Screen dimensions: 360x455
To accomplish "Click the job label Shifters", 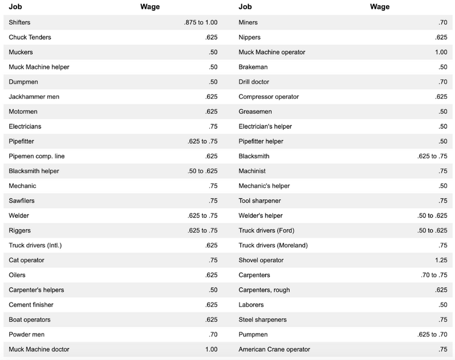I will [21, 22].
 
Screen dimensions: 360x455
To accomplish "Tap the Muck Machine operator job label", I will [272, 52].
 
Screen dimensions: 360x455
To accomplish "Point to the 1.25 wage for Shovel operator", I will [439, 260].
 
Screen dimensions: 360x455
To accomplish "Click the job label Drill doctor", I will [254, 82].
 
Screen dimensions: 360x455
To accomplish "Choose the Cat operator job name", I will [26, 260].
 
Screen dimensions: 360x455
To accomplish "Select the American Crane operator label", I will [275, 349].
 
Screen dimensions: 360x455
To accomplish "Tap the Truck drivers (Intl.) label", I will [36, 246].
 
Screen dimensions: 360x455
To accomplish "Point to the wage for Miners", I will [441, 22].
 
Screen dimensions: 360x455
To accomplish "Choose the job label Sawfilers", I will [22, 201].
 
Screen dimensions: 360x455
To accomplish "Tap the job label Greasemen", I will [256, 112].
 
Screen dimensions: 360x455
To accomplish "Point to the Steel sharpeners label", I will [263, 319].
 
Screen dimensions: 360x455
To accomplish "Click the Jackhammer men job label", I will [34, 97].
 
